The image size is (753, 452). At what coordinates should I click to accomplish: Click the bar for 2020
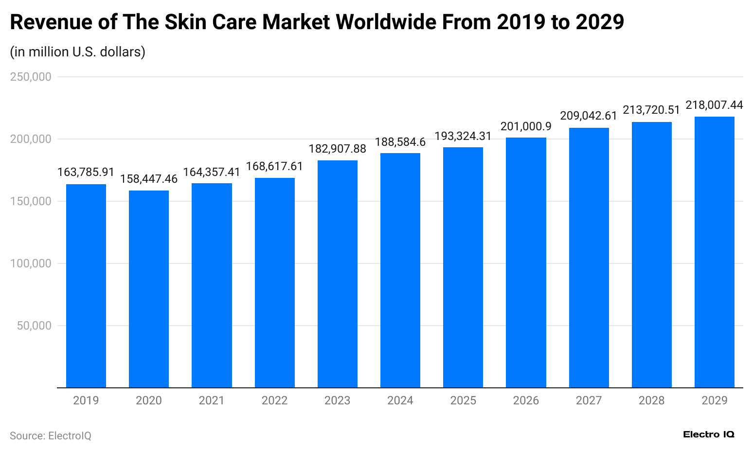click(x=149, y=289)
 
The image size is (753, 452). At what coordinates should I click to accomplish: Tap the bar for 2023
click(x=338, y=274)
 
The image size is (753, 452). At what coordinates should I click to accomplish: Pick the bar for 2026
click(x=526, y=262)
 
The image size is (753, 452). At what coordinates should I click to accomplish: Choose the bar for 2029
click(x=714, y=252)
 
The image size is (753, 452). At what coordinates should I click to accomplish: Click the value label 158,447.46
click(x=149, y=179)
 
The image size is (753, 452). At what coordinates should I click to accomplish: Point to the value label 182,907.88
click(x=338, y=149)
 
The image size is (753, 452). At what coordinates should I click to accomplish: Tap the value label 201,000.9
click(x=526, y=126)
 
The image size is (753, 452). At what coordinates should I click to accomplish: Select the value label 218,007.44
click(x=714, y=105)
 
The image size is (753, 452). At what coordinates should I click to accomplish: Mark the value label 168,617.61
click(x=274, y=167)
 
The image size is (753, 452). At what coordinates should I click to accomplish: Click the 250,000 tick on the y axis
click(x=31, y=77)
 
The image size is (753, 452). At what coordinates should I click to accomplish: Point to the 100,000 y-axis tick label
click(x=31, y=263)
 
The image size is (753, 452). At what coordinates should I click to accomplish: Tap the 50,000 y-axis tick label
click(x=34, y=326)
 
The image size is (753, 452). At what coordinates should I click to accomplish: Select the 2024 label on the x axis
click(x=400, y=400)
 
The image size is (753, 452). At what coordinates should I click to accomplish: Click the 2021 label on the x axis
click(x=212, y=400)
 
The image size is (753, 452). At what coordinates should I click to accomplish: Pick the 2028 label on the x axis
click(x=651, y=400)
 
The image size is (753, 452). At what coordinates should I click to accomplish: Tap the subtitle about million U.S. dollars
click(x=77, y=52)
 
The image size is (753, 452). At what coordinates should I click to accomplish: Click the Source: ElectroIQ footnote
click(x=51, y=435)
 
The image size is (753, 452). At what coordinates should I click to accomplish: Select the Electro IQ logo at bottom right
click(x=708, y=435)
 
